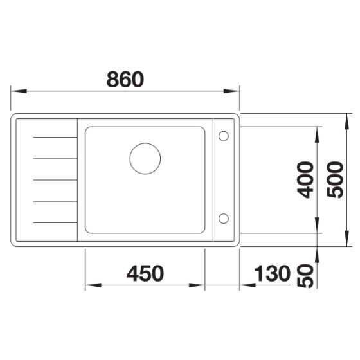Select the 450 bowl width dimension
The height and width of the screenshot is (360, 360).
click(145, 273)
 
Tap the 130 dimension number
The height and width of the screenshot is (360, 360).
click(273, 273)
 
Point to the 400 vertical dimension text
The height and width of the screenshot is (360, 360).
click(307, 179)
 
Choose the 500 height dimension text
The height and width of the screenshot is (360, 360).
click(334, 179)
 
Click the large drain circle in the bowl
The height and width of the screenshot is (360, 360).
click(144, 157)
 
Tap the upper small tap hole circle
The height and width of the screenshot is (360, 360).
click(224, 136)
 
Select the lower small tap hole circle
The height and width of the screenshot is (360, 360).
click(224, 218)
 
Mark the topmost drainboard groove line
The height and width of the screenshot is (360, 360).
click(53, 136)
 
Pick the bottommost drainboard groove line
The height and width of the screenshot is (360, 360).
click(53, 222)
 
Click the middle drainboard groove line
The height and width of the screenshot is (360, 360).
click(53, 179)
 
